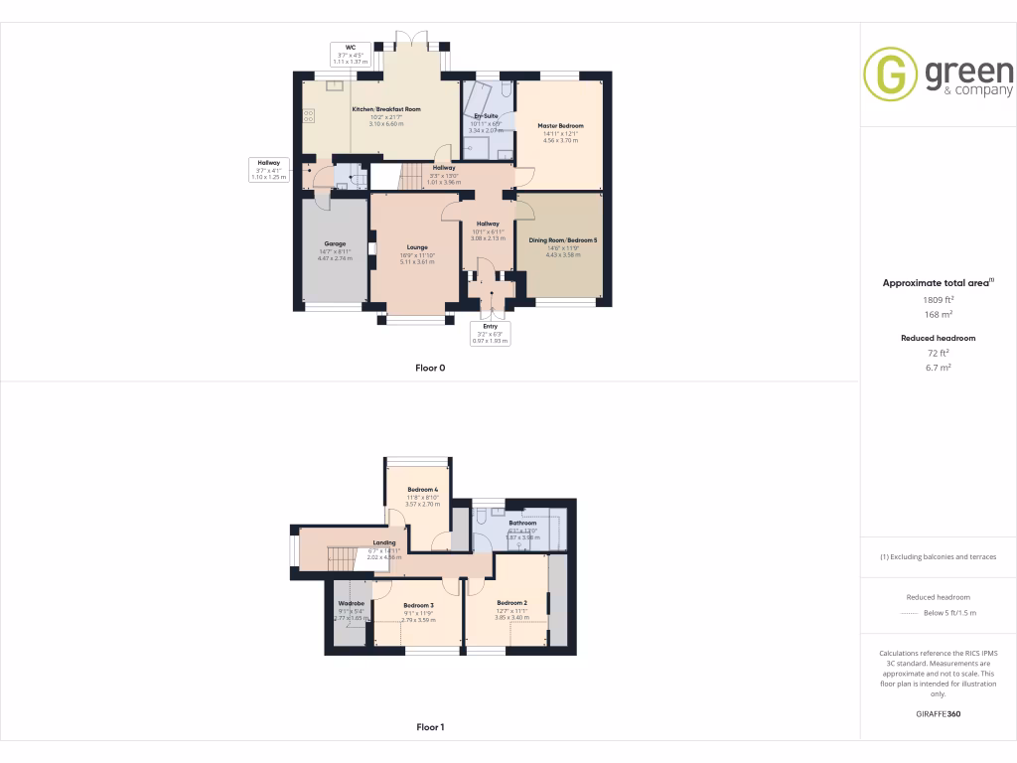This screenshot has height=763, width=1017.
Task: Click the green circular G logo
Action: pos(890,75)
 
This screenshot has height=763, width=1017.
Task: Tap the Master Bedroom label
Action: pos(560,126)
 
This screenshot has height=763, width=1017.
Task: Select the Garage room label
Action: pos(334,243)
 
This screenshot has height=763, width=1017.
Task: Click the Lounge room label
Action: pos(417,246)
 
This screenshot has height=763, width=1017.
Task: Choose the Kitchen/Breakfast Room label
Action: pos(386,109)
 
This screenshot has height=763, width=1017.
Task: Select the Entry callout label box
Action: pos(491,333)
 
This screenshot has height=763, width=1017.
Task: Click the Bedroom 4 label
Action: pos(422,490)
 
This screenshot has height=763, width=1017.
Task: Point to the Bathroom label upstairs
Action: pos(522,523)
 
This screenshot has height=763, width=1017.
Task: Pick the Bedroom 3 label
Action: pos(418,605)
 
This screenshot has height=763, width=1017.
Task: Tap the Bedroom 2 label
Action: pos(511,603)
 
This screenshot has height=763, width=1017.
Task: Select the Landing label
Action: pos(383,543)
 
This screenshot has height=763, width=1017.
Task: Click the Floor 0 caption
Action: pos(430,368)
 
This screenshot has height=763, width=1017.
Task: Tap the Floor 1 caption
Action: pos(430,727)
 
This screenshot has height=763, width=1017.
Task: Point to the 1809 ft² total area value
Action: pos(938,299)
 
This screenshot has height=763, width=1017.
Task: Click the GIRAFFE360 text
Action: pos(939,714)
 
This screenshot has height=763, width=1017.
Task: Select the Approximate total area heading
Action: pos(938,283)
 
